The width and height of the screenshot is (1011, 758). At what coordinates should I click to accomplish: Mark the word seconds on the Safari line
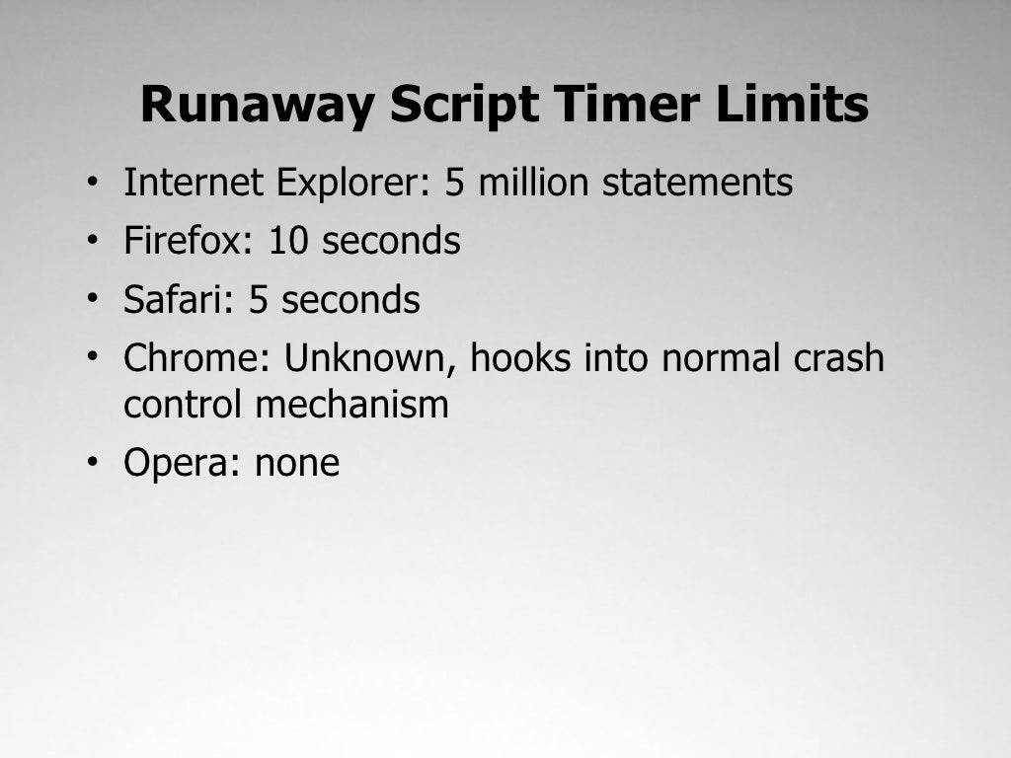point(350,300)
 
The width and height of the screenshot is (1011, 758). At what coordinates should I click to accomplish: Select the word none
point(297,463)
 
